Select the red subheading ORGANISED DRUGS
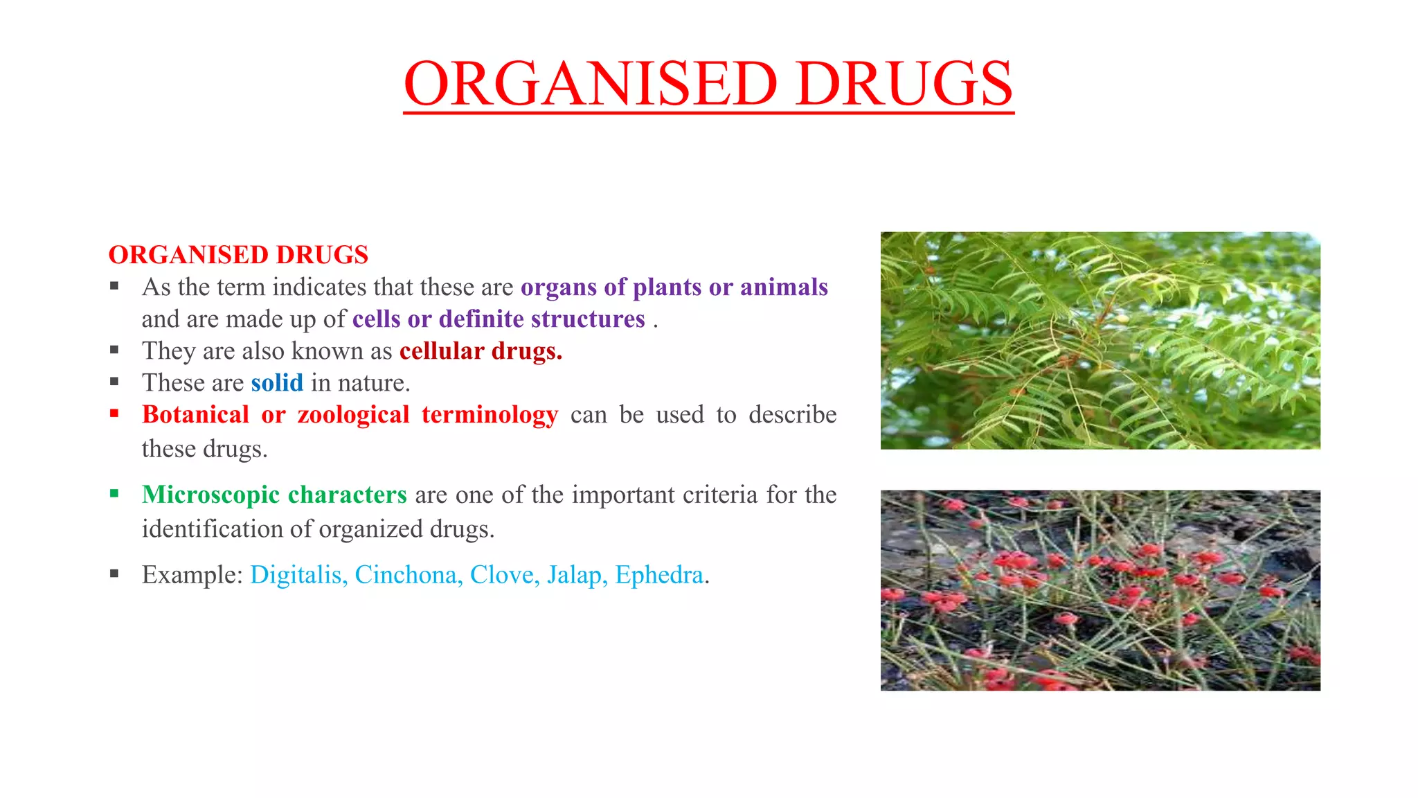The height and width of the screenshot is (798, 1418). [238, 255]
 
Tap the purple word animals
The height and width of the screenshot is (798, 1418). [784, 287]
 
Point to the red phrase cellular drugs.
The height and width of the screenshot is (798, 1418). [481, 351]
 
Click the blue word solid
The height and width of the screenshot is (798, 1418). [277, 382]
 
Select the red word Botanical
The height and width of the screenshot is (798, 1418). [195, 414]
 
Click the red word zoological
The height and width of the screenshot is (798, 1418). [353, 414]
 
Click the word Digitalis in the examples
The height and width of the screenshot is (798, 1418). [298, 575]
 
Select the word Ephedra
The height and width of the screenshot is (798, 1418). [659, 575]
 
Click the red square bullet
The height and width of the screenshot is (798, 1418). [114, 414]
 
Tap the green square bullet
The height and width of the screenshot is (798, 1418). [114, 494]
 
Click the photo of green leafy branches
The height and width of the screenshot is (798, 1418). [1100, 340]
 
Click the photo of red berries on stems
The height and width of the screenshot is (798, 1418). [1100, 590]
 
